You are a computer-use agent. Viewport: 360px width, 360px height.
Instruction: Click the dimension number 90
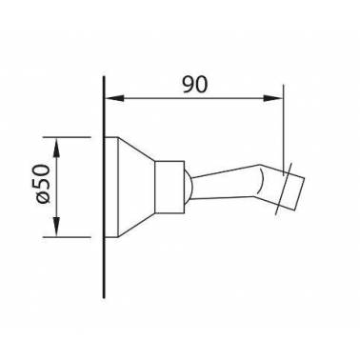(195, 85)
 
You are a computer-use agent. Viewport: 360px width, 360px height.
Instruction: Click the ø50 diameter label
(44, 184)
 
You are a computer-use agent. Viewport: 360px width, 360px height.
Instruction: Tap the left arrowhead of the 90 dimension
(114, 98)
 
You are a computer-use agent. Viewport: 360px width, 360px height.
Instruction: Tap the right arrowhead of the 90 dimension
(272, 98)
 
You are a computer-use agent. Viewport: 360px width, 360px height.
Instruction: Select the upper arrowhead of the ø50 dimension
(56, 148)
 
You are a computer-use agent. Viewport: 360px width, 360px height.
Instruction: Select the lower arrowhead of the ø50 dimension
(56, 227)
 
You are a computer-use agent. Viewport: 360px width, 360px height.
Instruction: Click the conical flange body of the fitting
(136, 187)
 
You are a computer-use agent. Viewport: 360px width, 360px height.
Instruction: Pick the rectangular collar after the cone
(170, 187)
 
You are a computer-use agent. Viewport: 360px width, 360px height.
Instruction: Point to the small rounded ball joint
(189, 188)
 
